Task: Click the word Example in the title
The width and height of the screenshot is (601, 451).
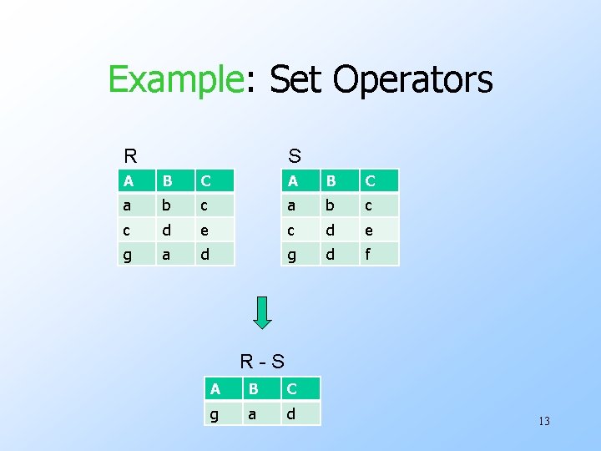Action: [173, 80]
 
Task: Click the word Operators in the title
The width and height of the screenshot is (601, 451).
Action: [412, 80]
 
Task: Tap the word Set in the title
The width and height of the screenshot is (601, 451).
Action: [290, 80]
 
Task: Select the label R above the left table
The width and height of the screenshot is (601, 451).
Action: [130, 156]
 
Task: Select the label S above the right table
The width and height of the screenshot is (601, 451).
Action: [295, 156]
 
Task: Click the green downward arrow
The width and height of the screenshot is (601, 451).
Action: [262, 312]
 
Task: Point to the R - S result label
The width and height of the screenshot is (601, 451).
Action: [262, 362]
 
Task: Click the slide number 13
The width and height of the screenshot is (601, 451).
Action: [543, 421]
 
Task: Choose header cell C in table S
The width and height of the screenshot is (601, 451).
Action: [380, 180]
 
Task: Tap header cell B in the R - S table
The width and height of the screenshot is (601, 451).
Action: [260, 389]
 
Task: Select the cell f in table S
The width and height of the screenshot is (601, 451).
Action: [380, 254]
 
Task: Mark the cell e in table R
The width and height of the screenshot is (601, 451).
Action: [215, 230]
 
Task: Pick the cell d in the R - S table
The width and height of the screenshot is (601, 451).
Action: [300, 413]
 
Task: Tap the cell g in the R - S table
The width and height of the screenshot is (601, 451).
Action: [221, 413]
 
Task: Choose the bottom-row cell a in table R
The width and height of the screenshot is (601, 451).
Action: [175, 254]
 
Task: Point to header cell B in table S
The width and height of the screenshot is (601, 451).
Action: [340, 180]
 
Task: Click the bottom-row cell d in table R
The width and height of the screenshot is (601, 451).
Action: [215, 254]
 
